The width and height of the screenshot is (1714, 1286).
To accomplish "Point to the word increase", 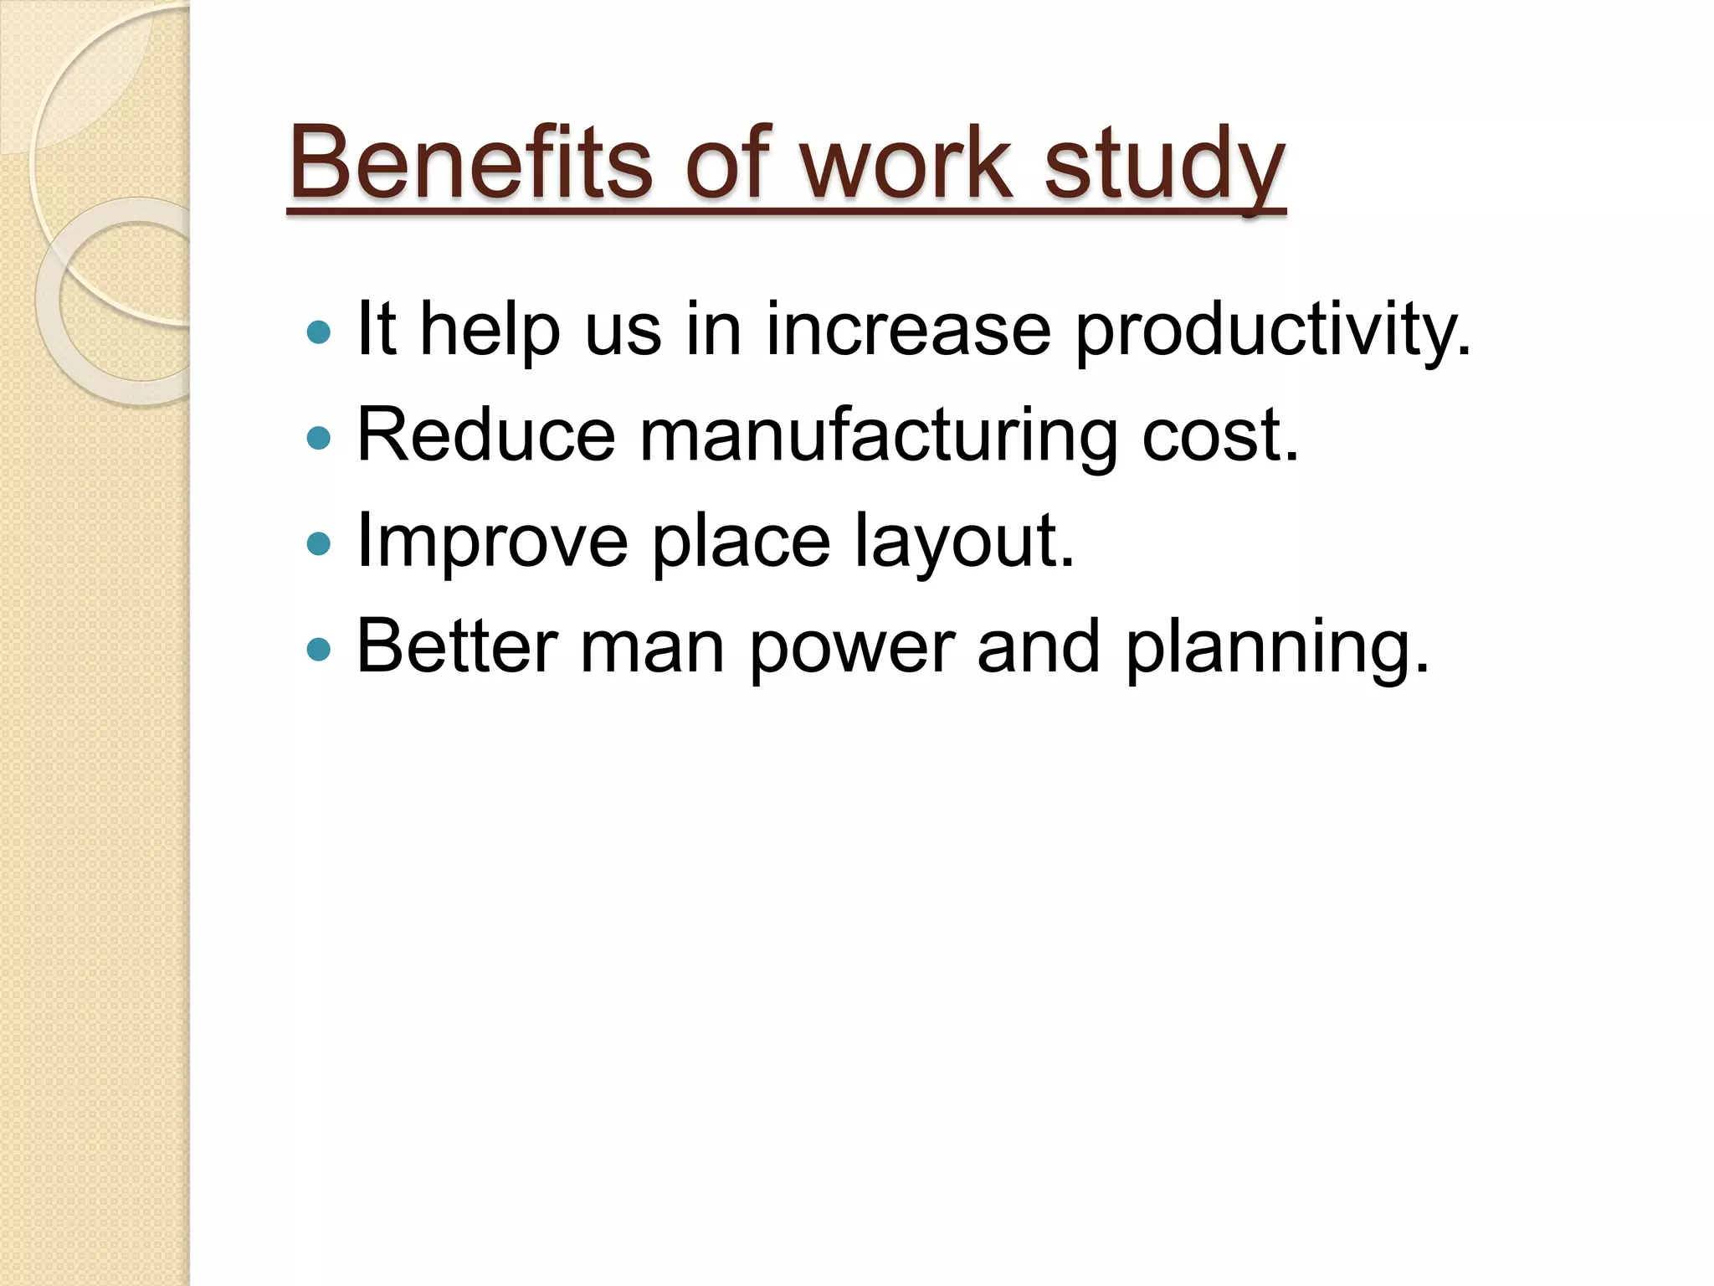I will coord(908,329).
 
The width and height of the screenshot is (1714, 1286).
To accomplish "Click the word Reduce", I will coord(486,435).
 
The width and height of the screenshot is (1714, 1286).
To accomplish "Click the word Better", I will coord(457,646).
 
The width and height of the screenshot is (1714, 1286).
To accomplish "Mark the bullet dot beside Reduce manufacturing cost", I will coord(319,438).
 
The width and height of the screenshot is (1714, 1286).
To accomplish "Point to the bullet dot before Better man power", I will coord(319,649).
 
